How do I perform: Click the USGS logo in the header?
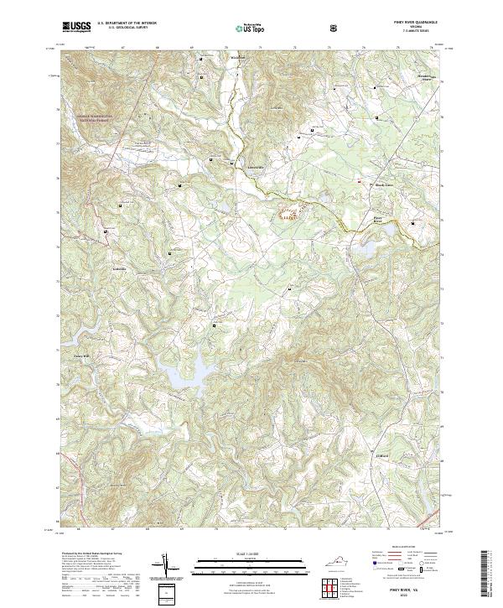[x=76, y=28]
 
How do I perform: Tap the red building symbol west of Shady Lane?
[x=358, y=182]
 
